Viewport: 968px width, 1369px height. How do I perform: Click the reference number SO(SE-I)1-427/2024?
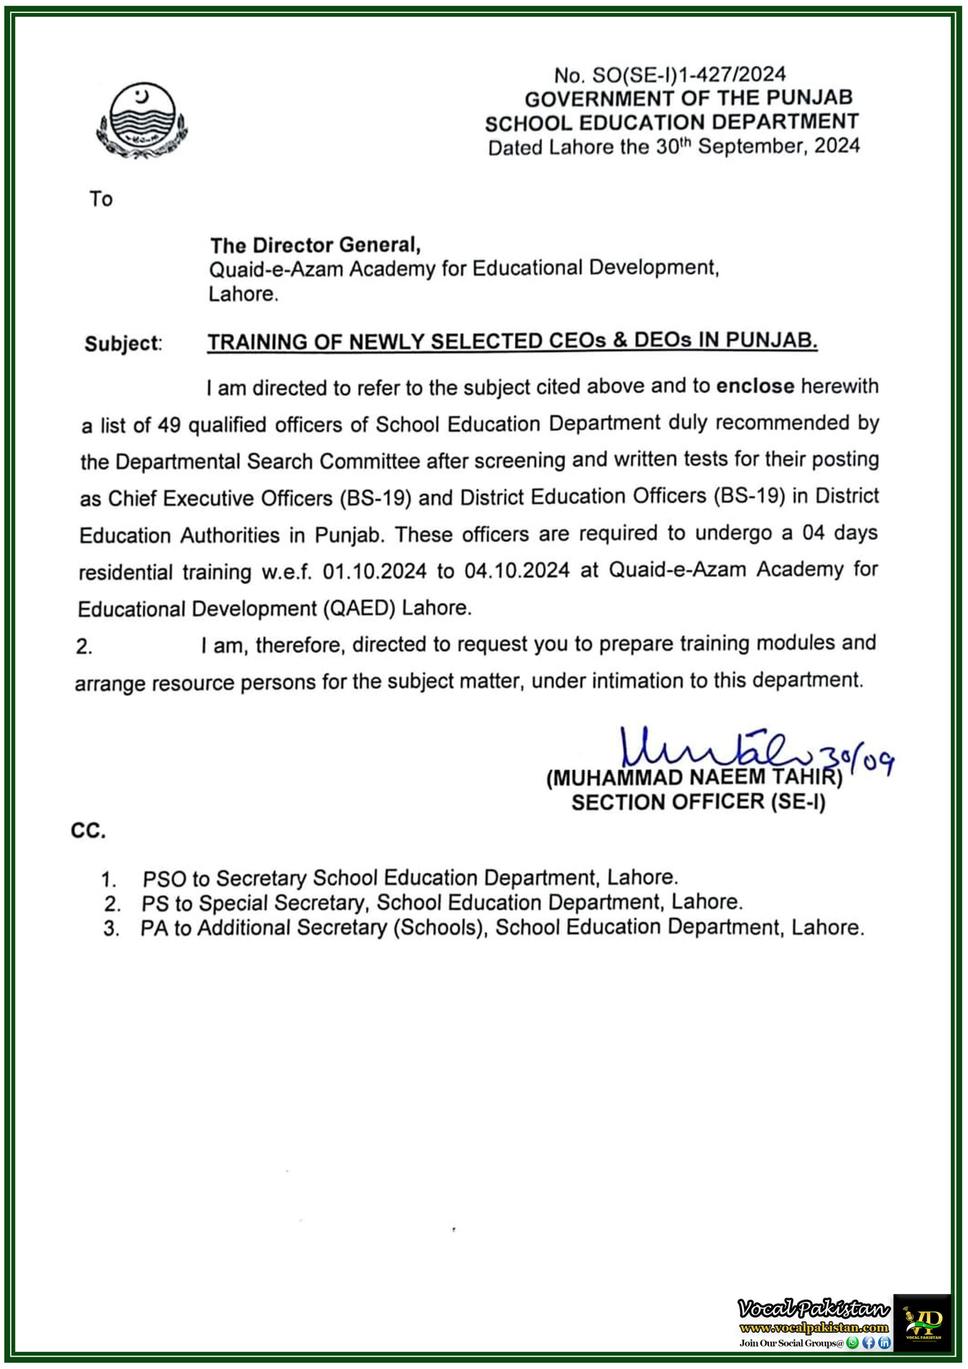tap(689, 74)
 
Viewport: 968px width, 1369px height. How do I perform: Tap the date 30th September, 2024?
tap(758, 146)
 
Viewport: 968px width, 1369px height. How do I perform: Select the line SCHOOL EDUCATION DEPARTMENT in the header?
tap(672, 122)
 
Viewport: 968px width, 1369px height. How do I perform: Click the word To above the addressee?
tap(101, 198)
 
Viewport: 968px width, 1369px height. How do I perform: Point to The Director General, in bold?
tap(316, 245)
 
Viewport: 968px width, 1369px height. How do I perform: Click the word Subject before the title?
tap(122, 343)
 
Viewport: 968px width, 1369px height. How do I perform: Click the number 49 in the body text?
tap(170, 425)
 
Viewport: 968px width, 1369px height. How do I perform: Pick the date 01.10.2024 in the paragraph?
tap(374, 571)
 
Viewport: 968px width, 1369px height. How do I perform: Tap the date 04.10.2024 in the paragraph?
tap(517, 571)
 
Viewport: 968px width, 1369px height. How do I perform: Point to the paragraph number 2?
tap(84, 647)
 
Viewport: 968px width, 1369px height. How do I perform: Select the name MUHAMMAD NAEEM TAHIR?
tap(694, 778)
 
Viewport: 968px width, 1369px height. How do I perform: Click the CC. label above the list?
tap(88, 830)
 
